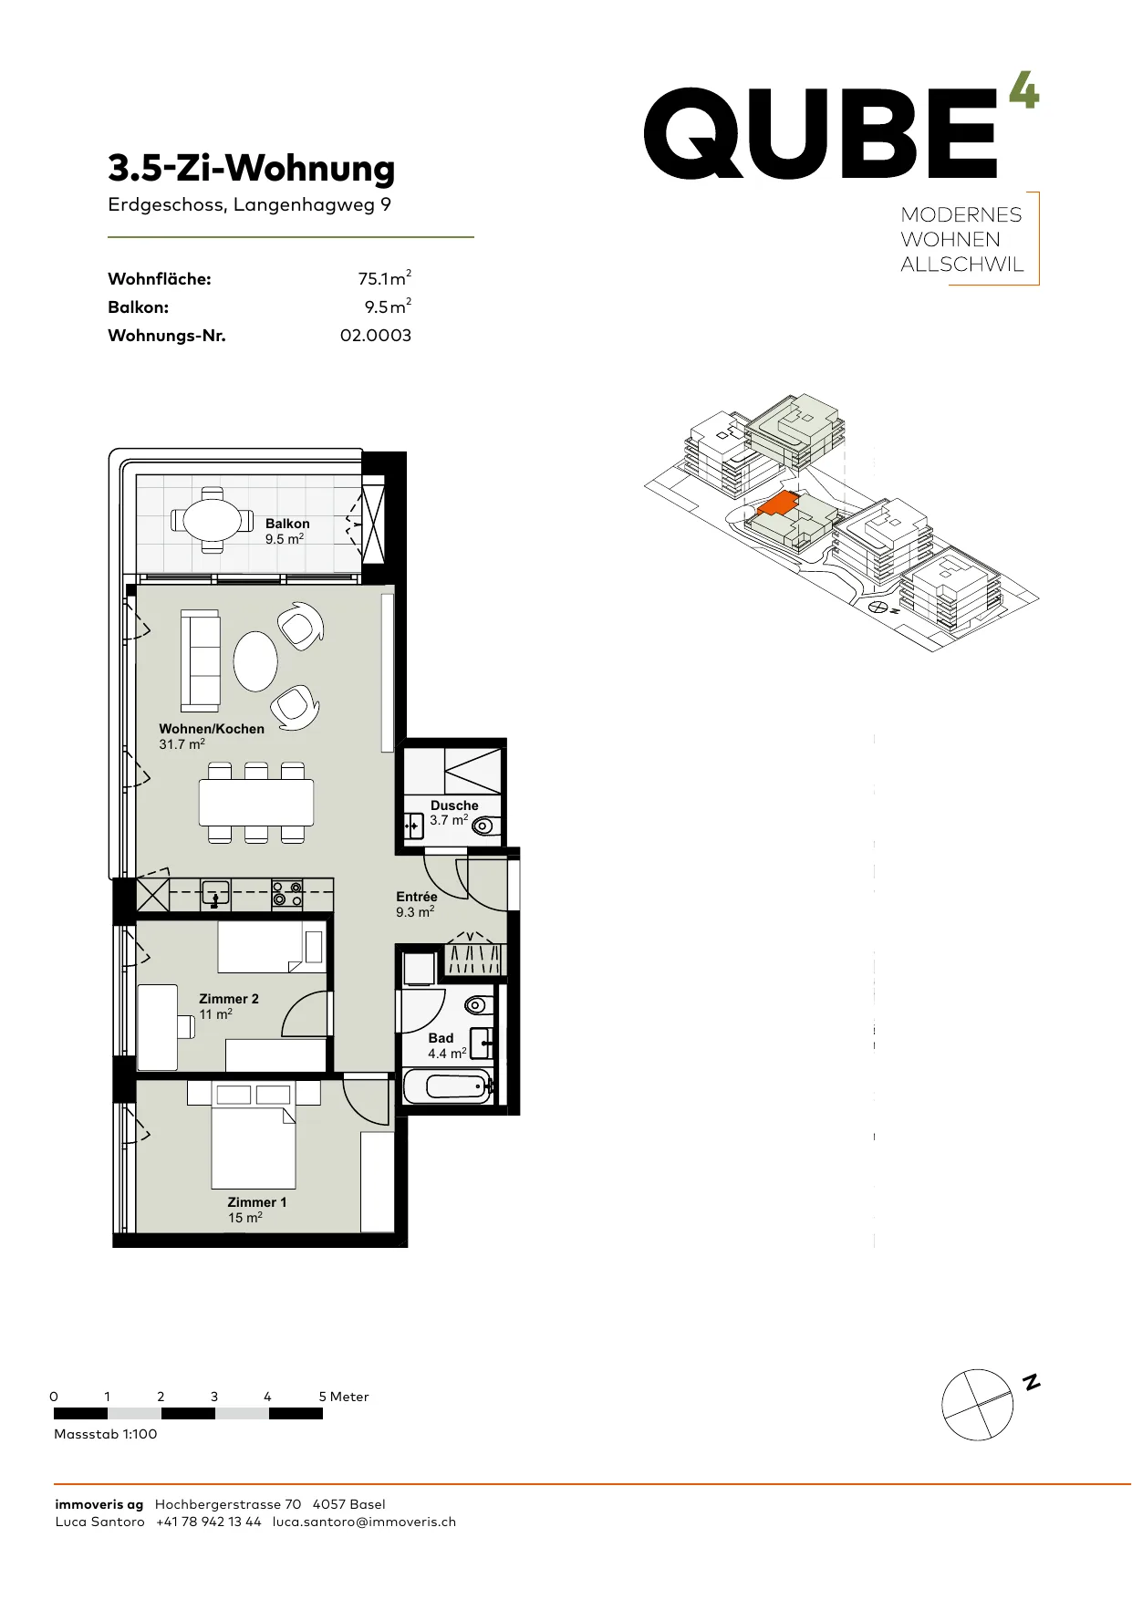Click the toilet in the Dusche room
(486, 826)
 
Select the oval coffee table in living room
(255, 661)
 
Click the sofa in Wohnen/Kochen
(200, 660)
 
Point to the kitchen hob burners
(287, 894)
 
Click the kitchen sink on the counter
(216, 895)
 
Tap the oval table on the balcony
(213, 520)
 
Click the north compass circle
(977, 1405)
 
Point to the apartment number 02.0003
(376, 336)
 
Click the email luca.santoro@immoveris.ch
(364, 1522)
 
